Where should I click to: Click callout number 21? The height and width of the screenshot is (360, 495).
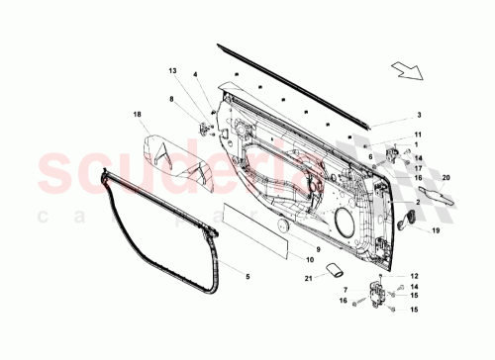[x=307, y=280]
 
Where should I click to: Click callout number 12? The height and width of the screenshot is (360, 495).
[x=416, y=276]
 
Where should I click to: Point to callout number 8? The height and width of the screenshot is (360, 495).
[x=170, y=99]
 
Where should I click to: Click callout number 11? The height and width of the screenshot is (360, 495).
[x=417, y=135]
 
